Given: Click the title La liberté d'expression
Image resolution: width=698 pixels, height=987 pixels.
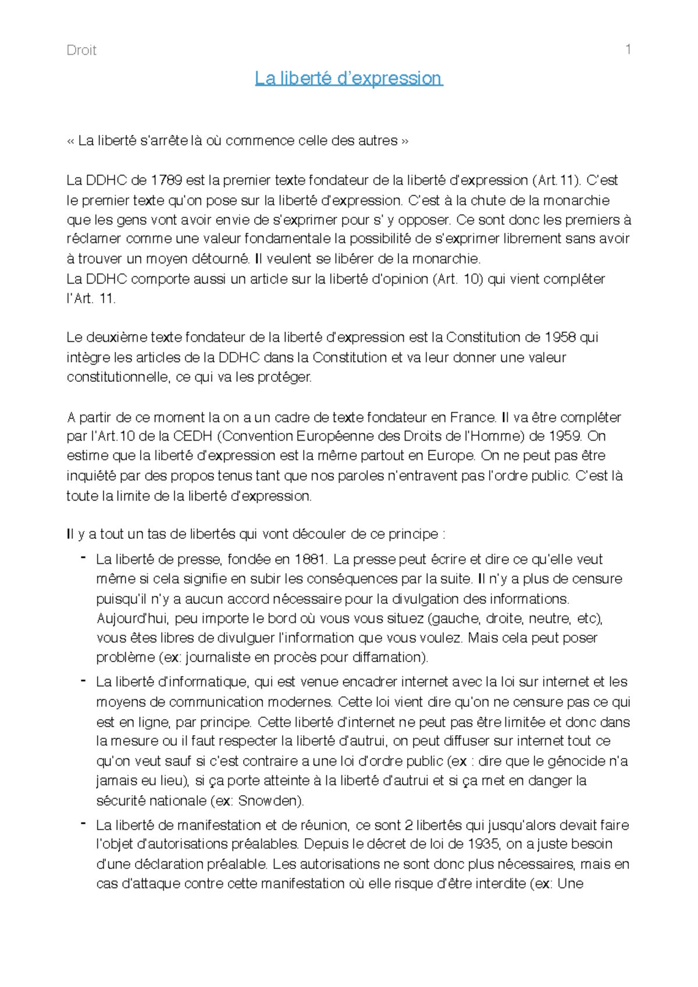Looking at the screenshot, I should click(x=349, y=78).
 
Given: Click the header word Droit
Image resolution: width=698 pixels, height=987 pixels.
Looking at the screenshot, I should click(x=81, y=51).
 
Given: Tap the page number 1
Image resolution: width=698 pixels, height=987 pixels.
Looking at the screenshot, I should click(x=628, y=49).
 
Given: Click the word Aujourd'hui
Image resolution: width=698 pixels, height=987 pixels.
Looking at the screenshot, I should click(x=133, y=618).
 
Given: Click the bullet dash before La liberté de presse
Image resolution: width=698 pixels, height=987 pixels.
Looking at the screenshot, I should click(x=84, y=558).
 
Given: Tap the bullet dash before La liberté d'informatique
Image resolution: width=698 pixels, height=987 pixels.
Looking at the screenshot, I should click(x=84, y=680).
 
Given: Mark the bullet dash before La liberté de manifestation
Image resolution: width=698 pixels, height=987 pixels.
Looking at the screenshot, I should click(x=84, y=824).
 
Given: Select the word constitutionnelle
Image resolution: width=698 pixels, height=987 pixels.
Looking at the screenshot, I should click(x=119, y=377).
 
